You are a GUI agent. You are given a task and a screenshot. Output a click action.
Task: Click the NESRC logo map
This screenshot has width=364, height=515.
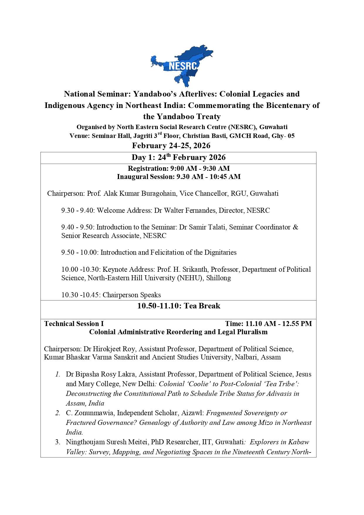coord(182,66)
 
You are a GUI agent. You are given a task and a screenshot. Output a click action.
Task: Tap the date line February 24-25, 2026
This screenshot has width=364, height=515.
coord(171,146)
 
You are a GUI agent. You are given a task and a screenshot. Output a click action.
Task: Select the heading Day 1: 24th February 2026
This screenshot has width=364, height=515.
coord(178,158)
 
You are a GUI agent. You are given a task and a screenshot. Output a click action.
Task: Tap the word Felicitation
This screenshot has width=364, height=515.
coord(169,253)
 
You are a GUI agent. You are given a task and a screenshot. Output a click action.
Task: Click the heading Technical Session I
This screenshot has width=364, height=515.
coord(74,324)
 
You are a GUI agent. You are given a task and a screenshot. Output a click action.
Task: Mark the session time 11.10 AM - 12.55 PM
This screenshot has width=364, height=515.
coord(278,324)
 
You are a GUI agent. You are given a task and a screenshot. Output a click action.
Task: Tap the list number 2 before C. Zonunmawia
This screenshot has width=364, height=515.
coord(58,413)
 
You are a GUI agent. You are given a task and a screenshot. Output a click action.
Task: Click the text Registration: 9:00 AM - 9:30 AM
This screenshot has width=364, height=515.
coord(179,169)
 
